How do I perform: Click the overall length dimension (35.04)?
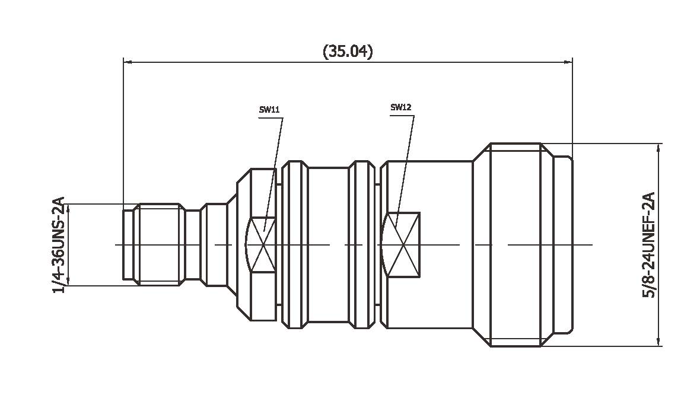pyautogui.click(x=348, y=52)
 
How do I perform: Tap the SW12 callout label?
pyautogui.click(x=400, y=107)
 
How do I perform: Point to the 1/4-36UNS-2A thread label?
pyautogui.click(x=59, y=245)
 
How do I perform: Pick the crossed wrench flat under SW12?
pyautogui.click(x=404, y=244)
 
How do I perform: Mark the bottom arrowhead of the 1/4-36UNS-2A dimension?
pyautogui.click(x=68, y=282)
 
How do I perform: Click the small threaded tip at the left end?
pyautogui.click(x=158, y=245)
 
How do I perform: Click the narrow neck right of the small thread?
pyautogui.click(x=193, y=245)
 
